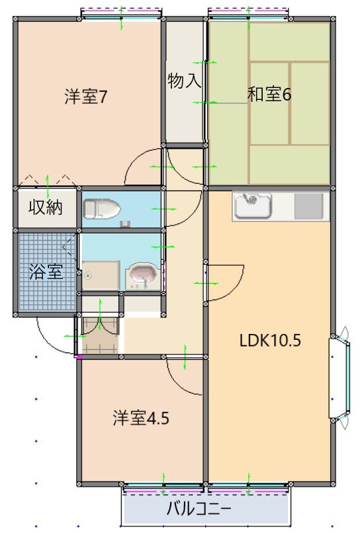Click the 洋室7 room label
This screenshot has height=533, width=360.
[86, 97]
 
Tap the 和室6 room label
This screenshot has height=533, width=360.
[269, 95]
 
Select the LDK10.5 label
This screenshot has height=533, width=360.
[270, 341]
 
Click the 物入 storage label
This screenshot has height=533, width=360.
[184, 82]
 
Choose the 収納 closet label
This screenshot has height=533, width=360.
[45, 208]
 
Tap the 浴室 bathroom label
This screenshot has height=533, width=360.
[46, 271]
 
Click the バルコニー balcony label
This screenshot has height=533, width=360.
[198, 509]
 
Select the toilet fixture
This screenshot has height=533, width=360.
[101, 210]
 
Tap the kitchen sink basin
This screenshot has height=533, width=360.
[253, 206]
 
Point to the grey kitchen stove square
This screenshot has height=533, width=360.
[308, 206]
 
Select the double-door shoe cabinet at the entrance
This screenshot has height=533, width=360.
[100, 335]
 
